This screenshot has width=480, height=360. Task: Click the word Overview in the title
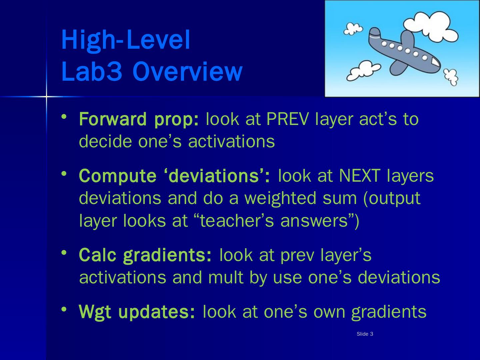tap(187, 72)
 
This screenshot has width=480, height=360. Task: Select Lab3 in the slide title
tap(92, 71)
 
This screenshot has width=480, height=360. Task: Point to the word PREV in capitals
tap(288, 119)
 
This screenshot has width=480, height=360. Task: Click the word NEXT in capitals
tap(360, 176)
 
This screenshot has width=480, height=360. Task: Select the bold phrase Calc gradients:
tap(145, 256)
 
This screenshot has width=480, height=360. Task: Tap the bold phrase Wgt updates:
tap(137, 312)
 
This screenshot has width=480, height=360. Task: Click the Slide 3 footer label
tap(365, 334)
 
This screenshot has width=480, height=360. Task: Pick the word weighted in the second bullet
tap(280, 199)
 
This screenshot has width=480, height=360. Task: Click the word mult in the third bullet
tap(226, 277)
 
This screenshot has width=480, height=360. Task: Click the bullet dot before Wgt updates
tap(64, 309)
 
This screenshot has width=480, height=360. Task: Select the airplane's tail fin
tap(375, 32)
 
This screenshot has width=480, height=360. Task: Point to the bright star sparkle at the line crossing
tap(46, 96)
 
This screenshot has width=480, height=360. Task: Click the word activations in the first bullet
tap(231, 142)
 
